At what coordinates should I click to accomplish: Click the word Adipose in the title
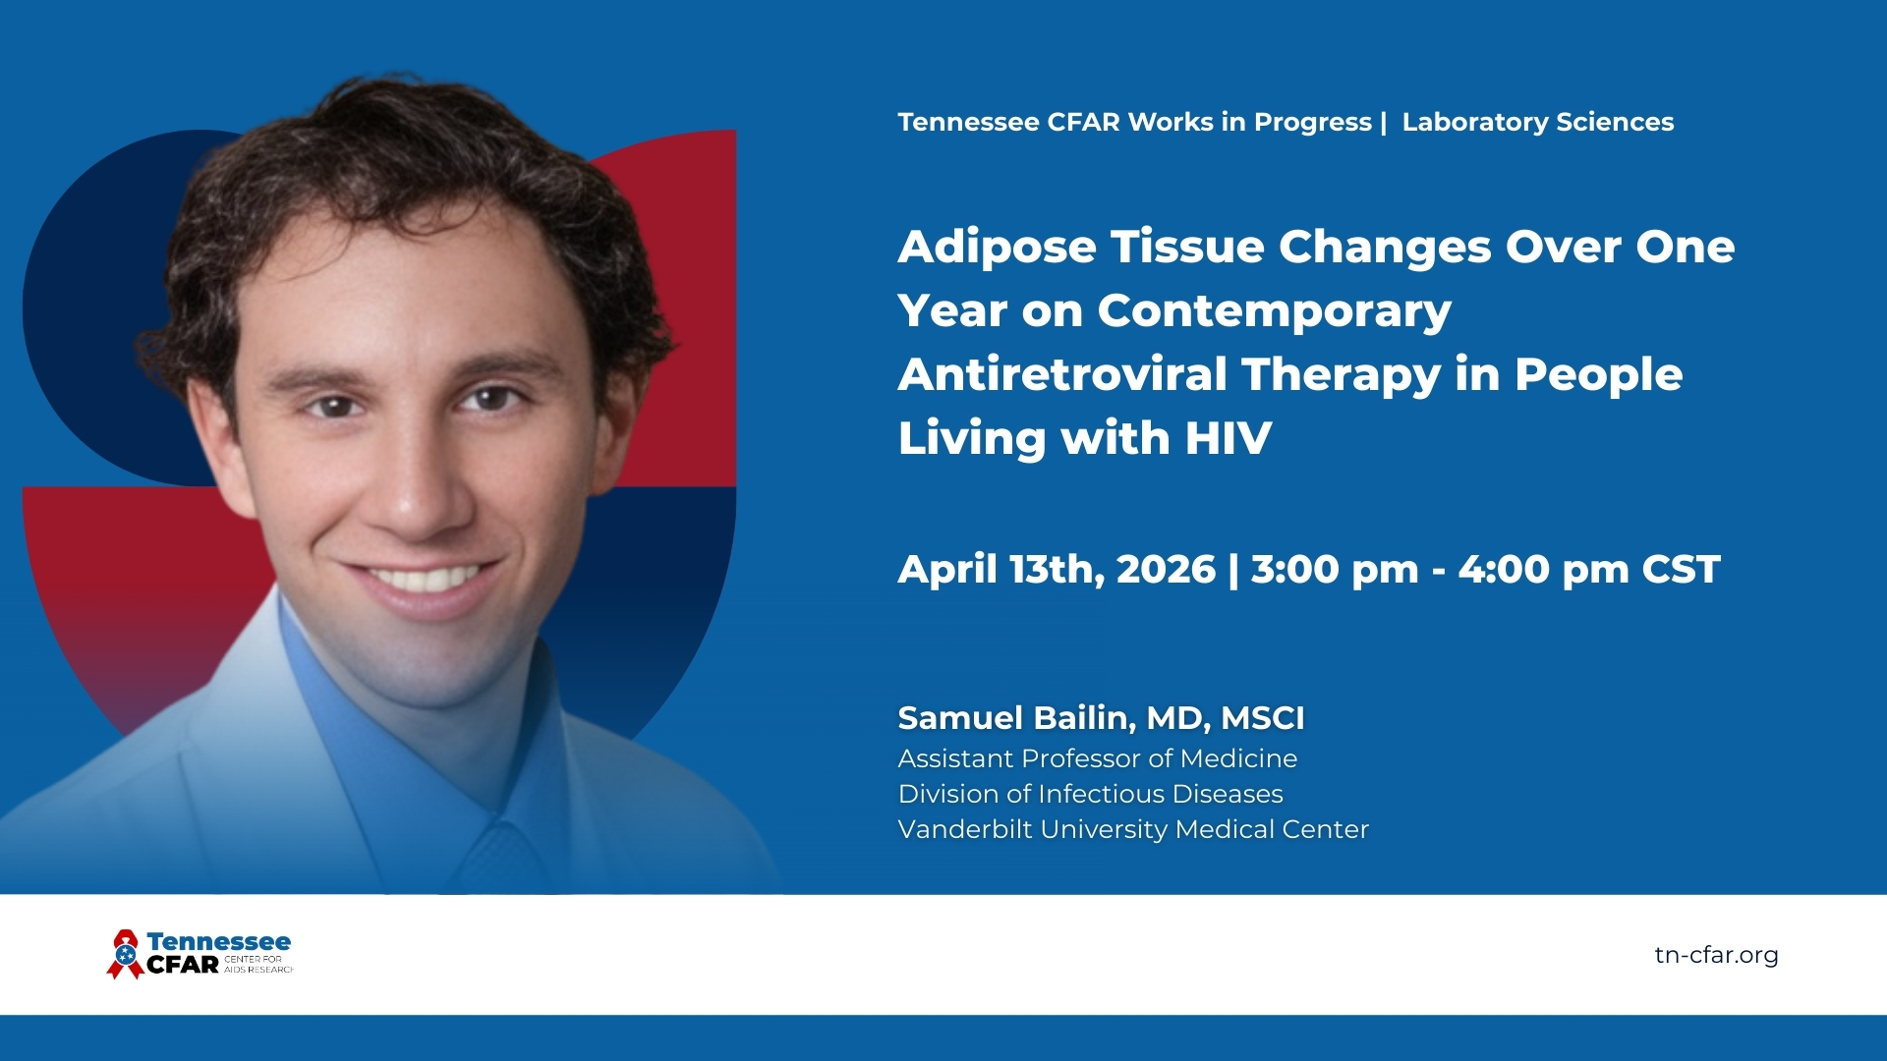click(x=997, y=248)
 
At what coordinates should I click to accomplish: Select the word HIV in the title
click(x=1229, y=438)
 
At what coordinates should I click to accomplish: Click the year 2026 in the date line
click(x=1166, y=570)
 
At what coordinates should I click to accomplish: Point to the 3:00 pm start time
click(x=1335, y=571)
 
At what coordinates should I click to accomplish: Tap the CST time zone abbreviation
click(x=1681, y=570)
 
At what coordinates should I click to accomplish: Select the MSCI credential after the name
click(x=1263, y=718)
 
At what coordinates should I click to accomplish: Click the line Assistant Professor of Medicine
click(x=1098, y=758)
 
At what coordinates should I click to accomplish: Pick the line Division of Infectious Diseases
click(x=1091, y=794)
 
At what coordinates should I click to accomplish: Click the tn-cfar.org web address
click(x=1716, y=955)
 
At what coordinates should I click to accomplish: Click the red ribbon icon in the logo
click(x=124, y=954)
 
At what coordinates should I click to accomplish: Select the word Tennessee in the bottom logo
click(x=218, y=941)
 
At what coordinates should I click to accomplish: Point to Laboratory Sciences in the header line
click(x=1538, y=122)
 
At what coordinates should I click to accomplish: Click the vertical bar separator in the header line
click(x=1384, y=122)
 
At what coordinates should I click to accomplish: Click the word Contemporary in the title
click(x=1275, y=312)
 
